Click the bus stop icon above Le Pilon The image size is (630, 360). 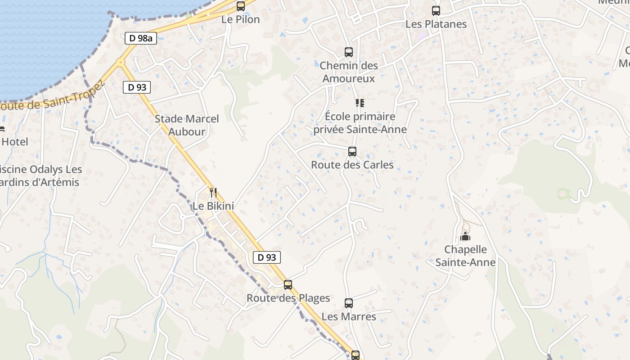click(241, 6)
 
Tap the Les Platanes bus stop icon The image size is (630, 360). click(436, 11)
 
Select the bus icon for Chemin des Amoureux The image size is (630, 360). click(349, 52)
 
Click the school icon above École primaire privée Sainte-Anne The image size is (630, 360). click(360, 103)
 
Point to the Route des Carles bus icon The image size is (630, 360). click(352, 152)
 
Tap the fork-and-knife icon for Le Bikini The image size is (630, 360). click(213, 193)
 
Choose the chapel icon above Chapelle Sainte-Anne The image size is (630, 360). click(465, 236)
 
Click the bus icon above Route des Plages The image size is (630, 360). click(288, 285)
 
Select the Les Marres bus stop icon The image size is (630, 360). click(349, 303)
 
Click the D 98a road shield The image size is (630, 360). click(141, 38)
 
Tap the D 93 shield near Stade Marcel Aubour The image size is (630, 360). click(137, 87)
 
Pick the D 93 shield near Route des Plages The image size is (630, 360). click(267, 257)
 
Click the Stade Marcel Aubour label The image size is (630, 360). click(187, 125)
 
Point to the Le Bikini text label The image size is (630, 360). click(213, 206)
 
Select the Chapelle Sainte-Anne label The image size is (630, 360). click(465, 256)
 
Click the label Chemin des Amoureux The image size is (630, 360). click(349, 72)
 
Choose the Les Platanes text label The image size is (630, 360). click(436, 24)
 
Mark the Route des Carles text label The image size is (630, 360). click(352, 165)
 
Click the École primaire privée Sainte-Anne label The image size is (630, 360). click(360, 123)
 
